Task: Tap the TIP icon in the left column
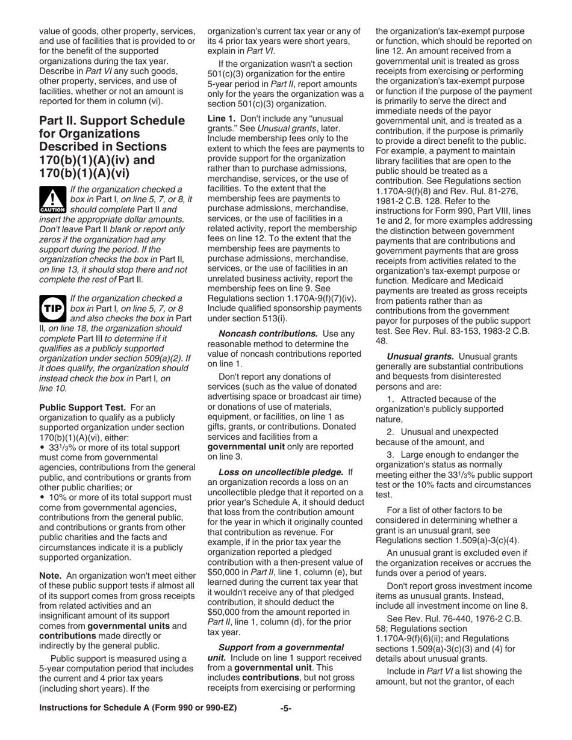(x=52, y=308)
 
